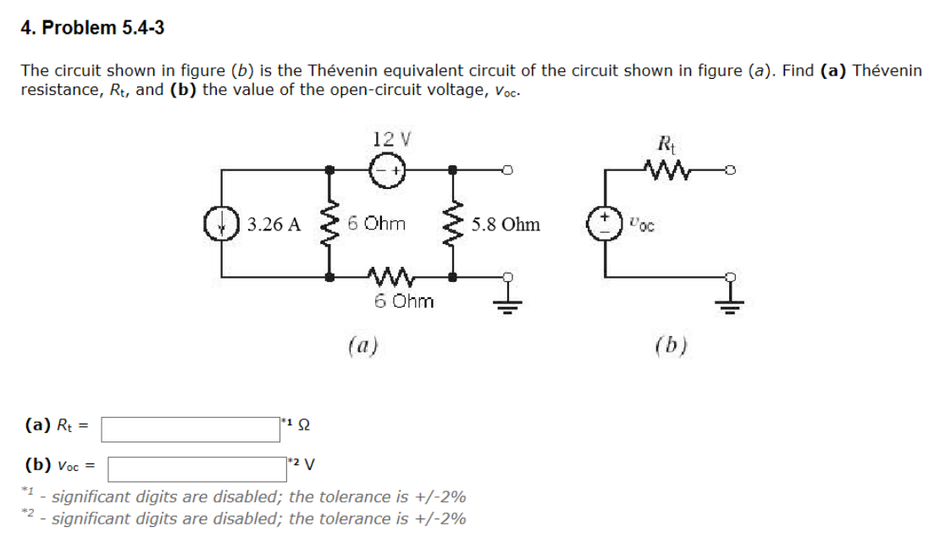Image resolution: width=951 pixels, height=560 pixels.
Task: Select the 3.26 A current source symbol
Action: [223, 225]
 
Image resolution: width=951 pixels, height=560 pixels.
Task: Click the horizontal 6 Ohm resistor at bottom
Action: [390, 276]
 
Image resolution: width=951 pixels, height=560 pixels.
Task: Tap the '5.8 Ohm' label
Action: [506, 225]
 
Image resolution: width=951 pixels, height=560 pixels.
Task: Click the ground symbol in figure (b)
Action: [733, 300]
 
